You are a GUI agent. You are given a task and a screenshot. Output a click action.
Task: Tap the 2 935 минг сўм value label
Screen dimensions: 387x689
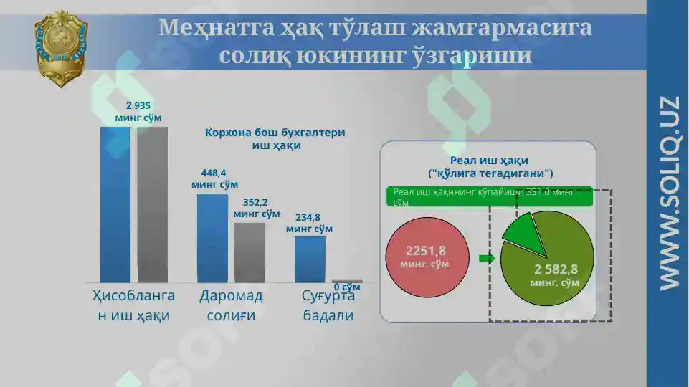point(138,111)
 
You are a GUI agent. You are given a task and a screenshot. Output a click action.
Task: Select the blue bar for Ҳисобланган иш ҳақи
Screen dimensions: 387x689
point(115,204)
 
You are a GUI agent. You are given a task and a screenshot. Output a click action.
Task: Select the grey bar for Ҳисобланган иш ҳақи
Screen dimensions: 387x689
point(152,204)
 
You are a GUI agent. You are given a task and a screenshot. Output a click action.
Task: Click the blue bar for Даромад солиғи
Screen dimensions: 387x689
point(212,238)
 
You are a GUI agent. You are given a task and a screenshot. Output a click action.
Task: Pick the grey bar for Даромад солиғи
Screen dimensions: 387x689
point(250,252)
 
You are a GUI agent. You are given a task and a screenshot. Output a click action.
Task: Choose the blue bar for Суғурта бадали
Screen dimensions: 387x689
point(310,259)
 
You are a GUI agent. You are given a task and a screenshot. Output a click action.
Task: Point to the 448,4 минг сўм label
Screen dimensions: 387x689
point(214,178)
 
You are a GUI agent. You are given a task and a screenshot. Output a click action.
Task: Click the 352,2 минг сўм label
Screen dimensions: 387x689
point(256,208)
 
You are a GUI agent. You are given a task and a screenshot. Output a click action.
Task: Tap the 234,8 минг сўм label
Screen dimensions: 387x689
point(309,223)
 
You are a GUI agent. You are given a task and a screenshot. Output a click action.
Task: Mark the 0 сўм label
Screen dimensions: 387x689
point(347,287)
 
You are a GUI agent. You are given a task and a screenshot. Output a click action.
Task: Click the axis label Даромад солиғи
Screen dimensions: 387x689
point(231,305)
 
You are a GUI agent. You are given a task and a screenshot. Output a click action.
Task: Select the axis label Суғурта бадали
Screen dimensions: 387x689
point(328,305)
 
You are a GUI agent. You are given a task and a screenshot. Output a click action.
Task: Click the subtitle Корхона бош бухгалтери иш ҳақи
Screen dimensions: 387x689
point(275,139)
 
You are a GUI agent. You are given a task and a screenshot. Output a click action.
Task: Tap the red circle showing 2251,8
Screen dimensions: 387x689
point(427,257)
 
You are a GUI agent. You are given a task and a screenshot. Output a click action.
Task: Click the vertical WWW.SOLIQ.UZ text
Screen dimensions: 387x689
point(668,193)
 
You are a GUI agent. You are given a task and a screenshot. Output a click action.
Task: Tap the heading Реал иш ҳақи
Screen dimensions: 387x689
point(490,166)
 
